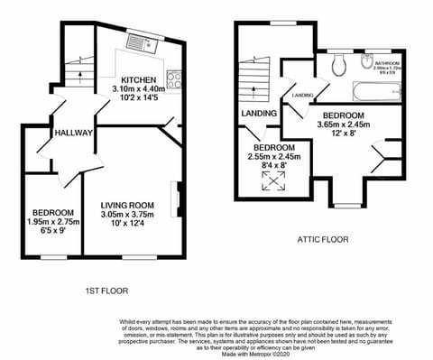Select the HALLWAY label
(x=74, y=133)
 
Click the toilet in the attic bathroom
(x=337, y=64)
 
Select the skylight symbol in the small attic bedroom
(x=272, y=179)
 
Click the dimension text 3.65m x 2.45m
(x=330, y=127)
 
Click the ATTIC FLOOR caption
(x=323, y=240)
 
